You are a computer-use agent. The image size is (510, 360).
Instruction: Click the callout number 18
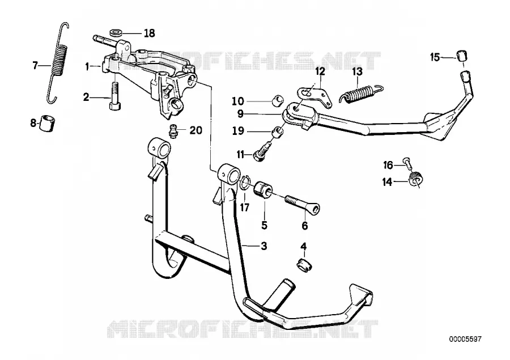(149, 33)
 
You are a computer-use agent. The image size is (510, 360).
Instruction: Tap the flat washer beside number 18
(116, 32)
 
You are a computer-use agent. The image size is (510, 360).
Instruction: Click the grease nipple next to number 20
(173, 131)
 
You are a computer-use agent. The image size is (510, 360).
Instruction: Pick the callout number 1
(87, 67)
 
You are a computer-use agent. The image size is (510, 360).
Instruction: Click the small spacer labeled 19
(278, 132)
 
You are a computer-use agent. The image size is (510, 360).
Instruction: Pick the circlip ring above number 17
(244, 184)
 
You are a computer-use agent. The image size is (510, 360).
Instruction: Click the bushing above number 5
(262, 189)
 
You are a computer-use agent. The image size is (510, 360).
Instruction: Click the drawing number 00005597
(465, 340)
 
